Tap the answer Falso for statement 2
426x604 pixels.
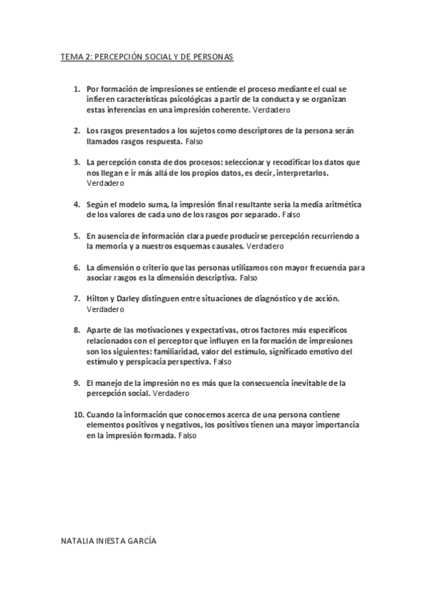193,142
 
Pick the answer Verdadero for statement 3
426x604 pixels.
104,182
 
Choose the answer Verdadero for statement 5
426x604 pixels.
265,246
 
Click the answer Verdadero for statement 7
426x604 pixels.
104,309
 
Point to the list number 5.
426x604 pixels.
77,235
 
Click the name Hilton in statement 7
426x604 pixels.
97,298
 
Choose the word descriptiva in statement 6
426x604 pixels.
213,277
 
